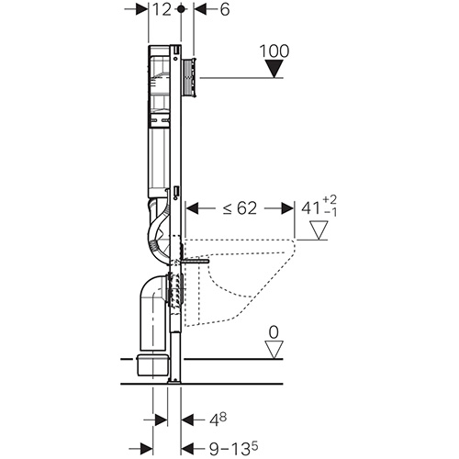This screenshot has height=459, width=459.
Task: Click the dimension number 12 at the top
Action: [162, 9]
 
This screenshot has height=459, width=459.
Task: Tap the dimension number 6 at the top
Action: [225, 10]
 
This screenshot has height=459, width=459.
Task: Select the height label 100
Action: [274, 50]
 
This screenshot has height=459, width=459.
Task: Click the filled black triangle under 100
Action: [274, 69]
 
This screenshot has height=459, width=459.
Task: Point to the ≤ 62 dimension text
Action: [240, 208]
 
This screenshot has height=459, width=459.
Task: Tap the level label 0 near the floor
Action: [274, 332]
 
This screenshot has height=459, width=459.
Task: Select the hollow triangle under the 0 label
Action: [274, 350]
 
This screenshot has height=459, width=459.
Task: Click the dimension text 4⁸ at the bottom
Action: [218, 420]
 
